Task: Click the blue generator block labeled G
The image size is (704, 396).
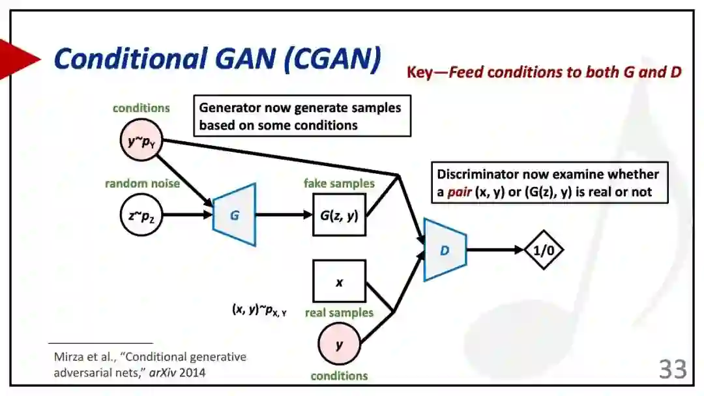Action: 234,215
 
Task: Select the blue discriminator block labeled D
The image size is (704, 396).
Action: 445,250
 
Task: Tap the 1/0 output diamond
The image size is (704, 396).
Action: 544,249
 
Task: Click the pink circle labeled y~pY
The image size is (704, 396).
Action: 141,140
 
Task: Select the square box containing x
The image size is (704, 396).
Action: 339,282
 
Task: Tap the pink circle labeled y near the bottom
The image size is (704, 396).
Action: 339,345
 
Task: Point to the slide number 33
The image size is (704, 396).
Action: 673,369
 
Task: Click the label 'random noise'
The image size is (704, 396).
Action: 142,184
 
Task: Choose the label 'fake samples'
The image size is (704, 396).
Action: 339,184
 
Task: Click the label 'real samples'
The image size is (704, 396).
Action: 339,313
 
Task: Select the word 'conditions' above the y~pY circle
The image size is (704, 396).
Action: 141,108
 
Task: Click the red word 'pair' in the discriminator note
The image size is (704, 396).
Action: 460,193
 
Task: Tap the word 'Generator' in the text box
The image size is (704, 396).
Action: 229,107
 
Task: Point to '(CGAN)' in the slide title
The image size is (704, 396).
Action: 332,59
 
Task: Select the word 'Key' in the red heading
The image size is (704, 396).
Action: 419,72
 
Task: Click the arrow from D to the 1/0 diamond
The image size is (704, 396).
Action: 495,249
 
